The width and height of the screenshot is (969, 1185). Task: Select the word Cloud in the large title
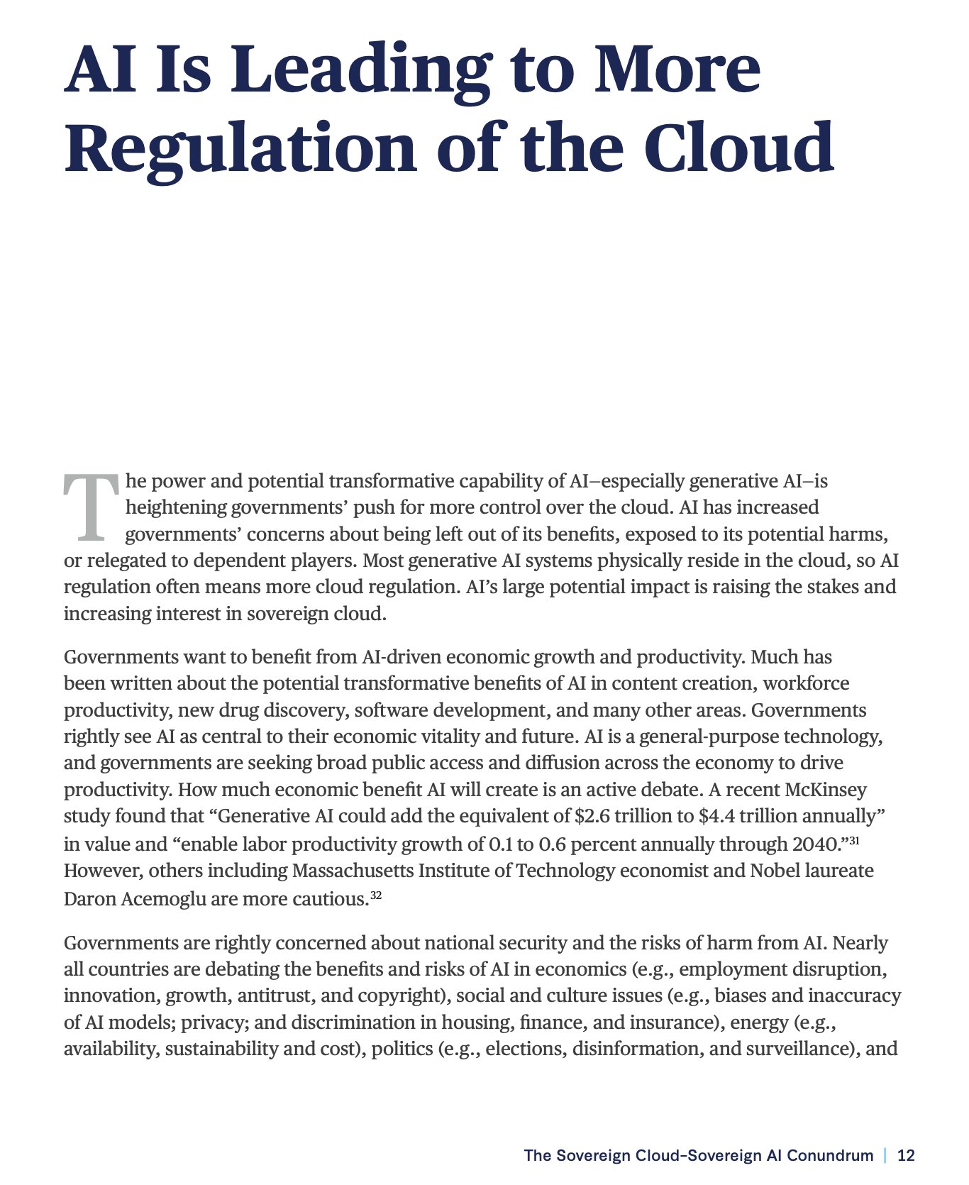[x=738, y=148]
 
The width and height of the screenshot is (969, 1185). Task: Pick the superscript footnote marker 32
[x=376, y=895]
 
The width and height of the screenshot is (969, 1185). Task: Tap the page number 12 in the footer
[x=906, y=1155]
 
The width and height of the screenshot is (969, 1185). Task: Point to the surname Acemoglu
[x=164, y=899]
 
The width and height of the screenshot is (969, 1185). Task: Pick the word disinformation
[x=634, y=1049]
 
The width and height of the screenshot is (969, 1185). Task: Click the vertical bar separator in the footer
[x=885, y=1155]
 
